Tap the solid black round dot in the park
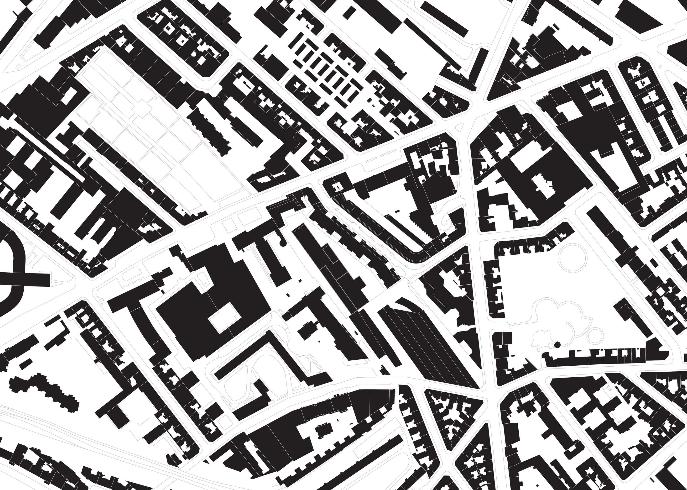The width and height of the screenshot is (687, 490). [x=557, y=344]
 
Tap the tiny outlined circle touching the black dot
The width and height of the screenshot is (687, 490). [x=552, y=345]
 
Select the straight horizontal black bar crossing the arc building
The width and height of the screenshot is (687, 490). [x=26, y=279]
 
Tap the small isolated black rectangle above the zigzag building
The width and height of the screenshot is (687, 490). [x=26, y=363]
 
